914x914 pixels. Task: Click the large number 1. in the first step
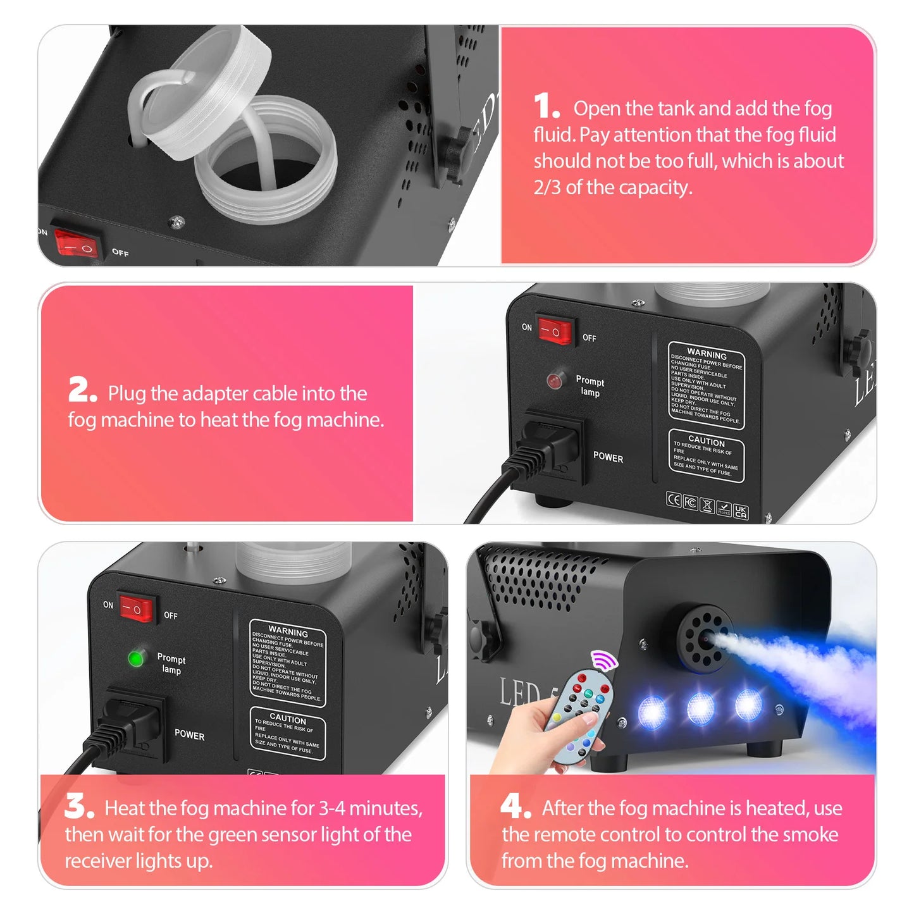point(546,106)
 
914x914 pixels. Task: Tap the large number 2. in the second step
point(82,390)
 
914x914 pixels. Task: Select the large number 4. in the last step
point(515,806)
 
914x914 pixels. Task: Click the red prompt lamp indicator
point(555,381)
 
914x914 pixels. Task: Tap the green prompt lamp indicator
point(135,658)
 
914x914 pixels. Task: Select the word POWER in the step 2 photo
point(608,457)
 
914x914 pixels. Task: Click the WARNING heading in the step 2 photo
point(707,354)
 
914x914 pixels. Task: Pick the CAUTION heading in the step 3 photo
point(288,719)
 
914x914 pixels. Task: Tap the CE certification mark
point(674,500)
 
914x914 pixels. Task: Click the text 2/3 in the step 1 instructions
point(547,188)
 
